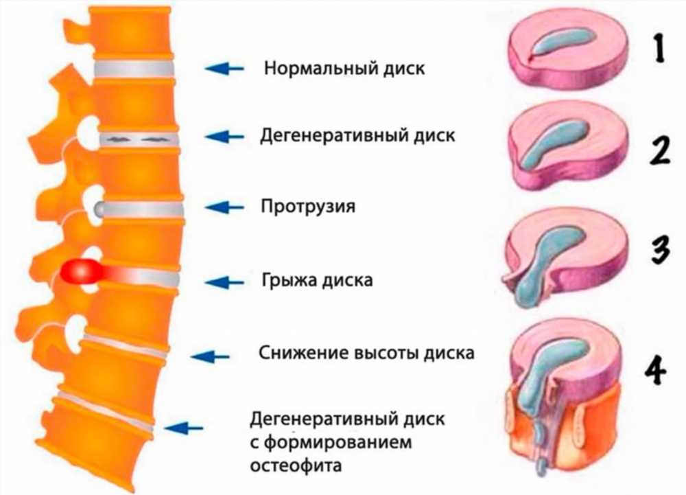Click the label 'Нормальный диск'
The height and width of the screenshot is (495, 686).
tap(344, 68)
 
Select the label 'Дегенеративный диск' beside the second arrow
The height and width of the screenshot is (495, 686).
tap(357, 136)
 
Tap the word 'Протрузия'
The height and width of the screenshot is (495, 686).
tap(308, 206)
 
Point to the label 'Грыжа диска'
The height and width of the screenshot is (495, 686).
tap(317, 280)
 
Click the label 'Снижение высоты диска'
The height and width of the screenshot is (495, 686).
tap(366, 353)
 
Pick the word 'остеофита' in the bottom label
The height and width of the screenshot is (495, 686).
tap(296, 465)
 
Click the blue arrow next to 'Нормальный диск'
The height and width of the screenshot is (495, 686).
tap(224, 68)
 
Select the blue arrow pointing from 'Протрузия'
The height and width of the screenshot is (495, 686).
tap(224, 207)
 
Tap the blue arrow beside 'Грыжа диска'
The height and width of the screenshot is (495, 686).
tap(224, 282)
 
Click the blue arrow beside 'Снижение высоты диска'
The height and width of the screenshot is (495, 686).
tap(210, 357)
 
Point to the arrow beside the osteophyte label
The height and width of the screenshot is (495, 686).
tap(184, 428)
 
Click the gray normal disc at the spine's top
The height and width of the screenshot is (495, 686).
tap(134, 69)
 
